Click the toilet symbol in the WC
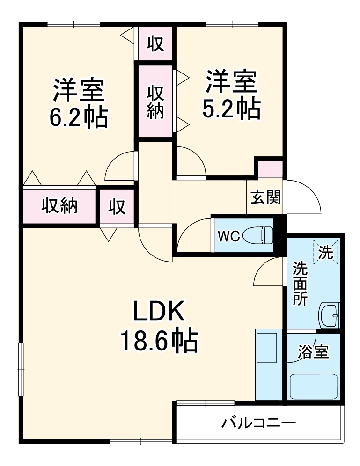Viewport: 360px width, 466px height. pos(258,235)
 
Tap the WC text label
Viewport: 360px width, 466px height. pos(228,236)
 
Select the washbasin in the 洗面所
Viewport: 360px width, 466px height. pos(329,316)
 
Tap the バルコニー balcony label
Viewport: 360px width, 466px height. pos(258,422)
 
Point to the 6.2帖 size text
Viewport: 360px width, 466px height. pos(78,117)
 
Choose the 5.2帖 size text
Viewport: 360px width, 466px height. pos(231,108)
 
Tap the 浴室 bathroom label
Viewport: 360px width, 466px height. pos(313,352)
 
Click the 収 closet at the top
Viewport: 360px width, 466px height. pos(155,44)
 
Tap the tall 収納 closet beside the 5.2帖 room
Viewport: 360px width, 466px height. pos(155,102)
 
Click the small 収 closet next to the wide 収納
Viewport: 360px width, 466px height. pos(117,206)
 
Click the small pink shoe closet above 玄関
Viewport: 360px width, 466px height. pos(270,169)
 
